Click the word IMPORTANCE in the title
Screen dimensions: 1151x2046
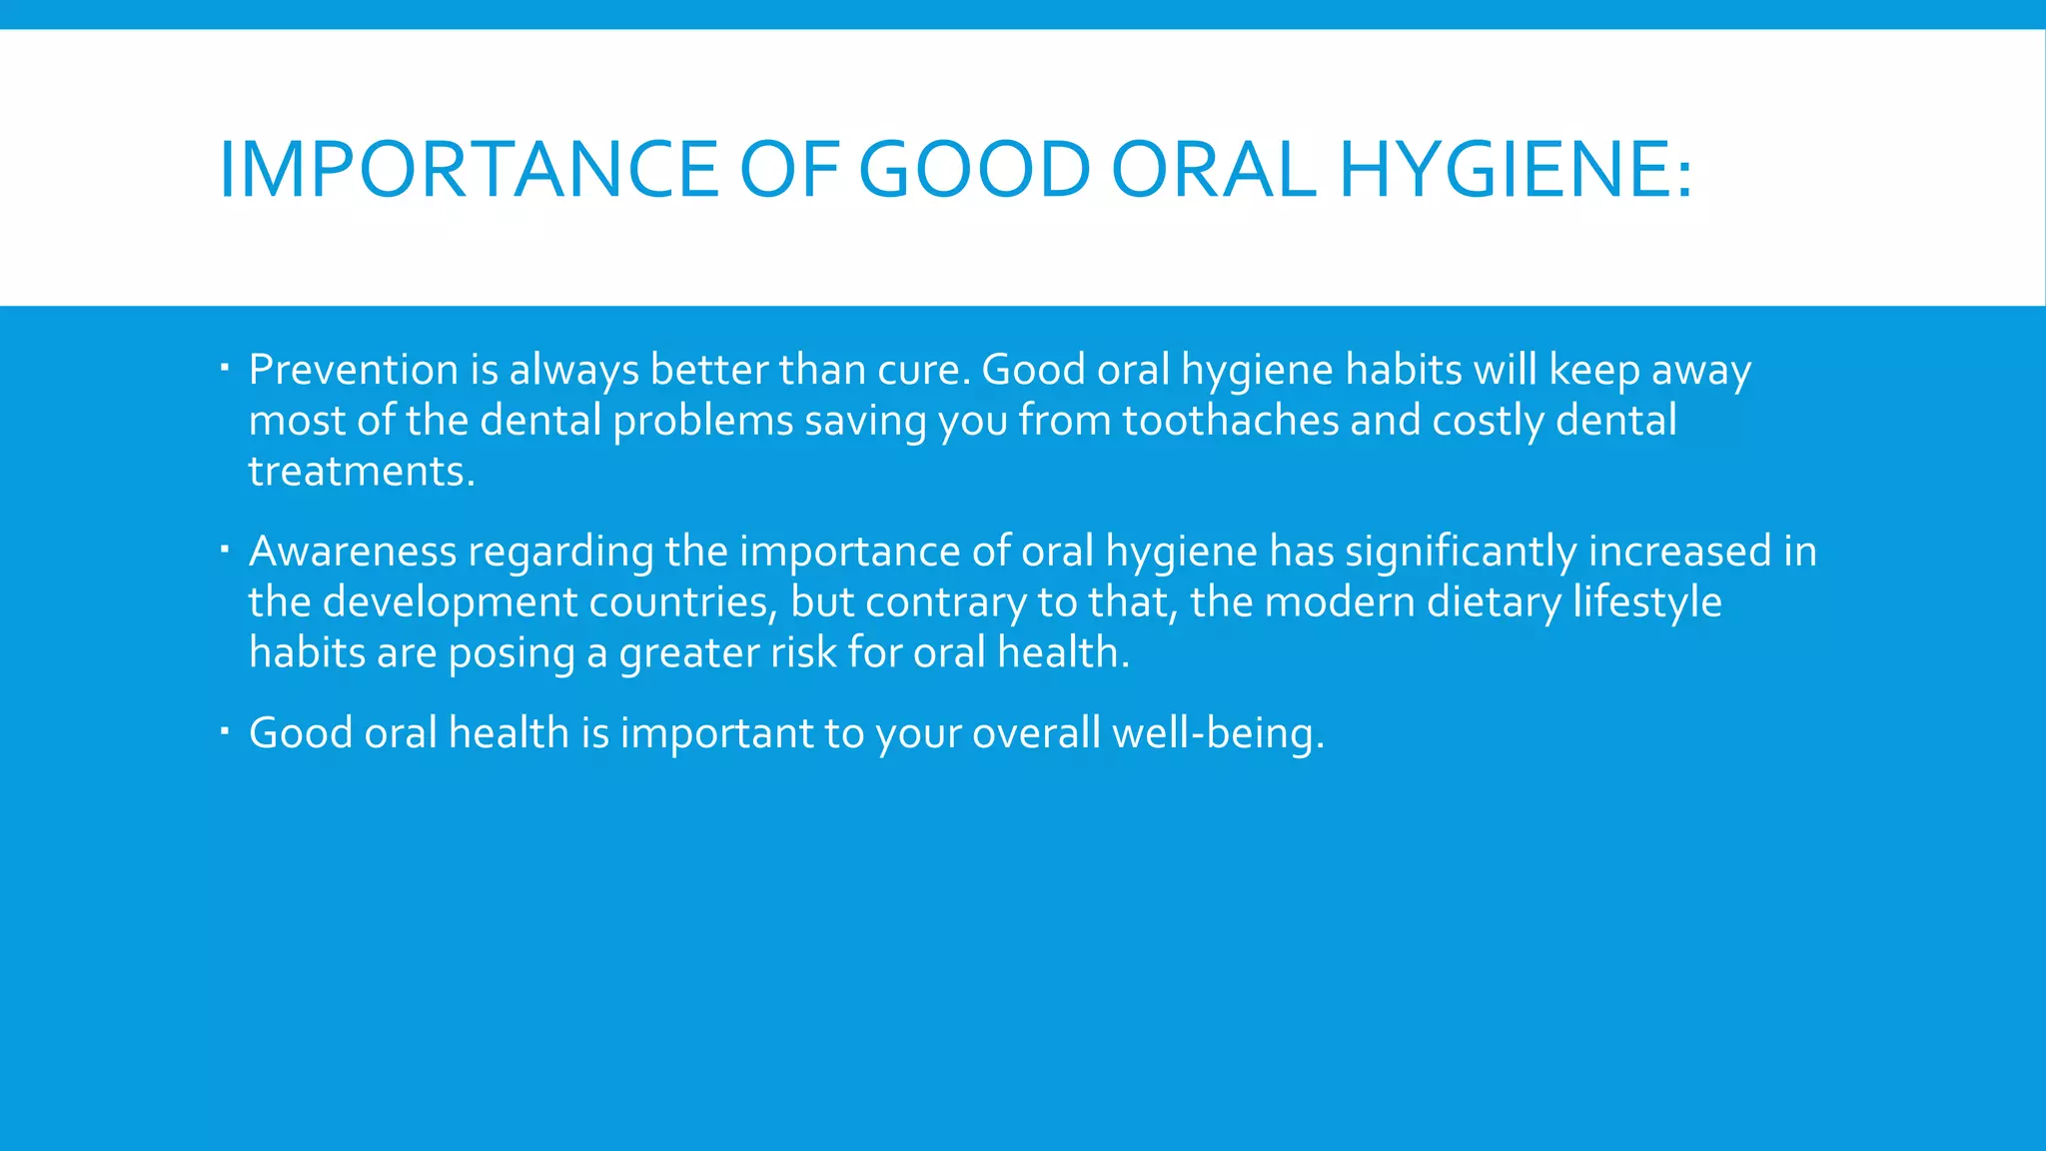(x=468, y=169)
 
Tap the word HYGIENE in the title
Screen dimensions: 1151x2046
(x=1515, y=169)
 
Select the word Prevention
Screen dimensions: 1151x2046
(x=354, y=370)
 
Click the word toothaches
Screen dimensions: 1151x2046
(x=1231, y=421)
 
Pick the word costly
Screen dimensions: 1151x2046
(x=1489, y=421)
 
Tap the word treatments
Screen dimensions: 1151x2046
(x=361, y=472)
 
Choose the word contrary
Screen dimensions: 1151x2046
(x=945, y=602)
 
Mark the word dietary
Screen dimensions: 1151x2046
(x=1494, y=602)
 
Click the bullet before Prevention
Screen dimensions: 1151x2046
(x=226, y=370)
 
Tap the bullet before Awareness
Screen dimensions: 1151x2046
(x=226, y=550)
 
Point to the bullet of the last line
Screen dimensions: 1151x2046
(x=226, y=732)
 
